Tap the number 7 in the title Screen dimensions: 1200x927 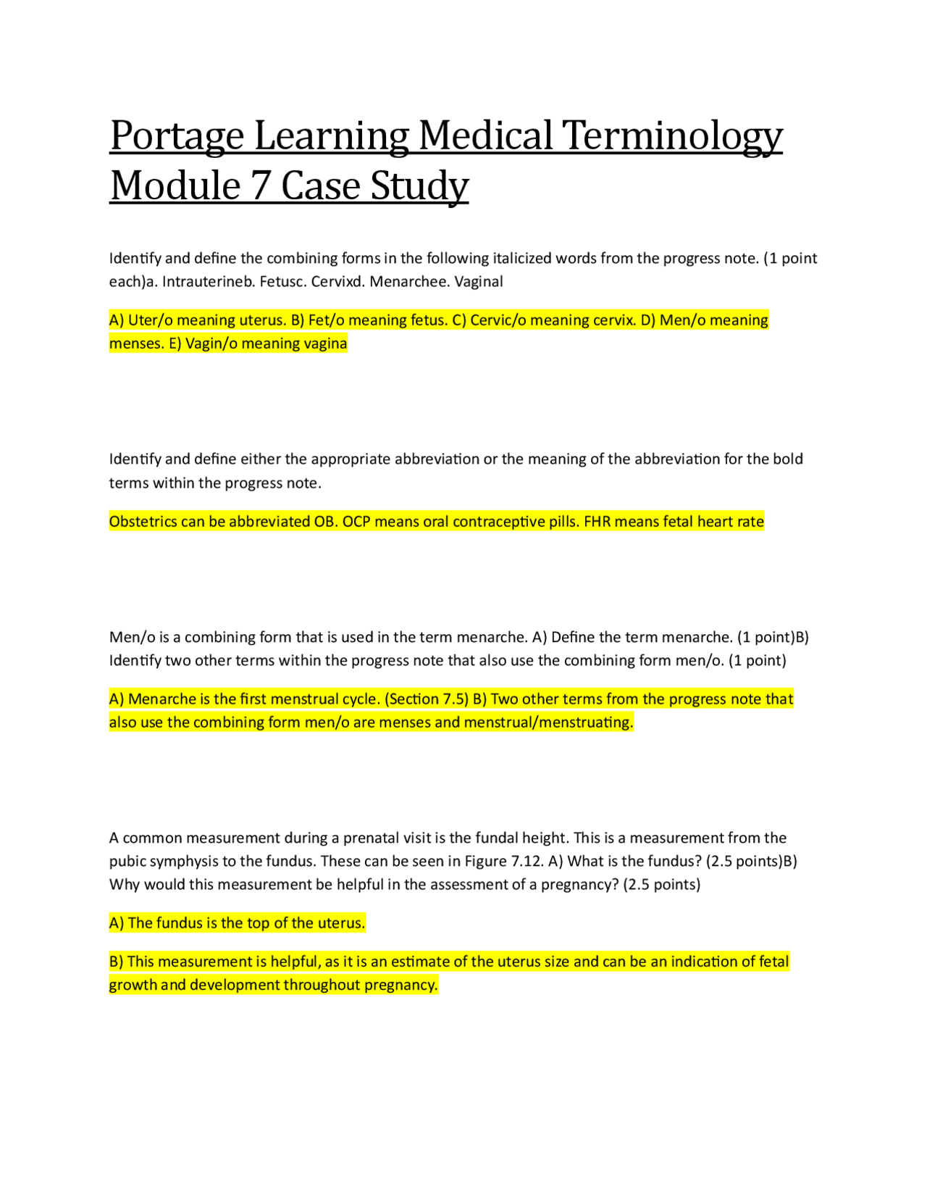click(260, 186)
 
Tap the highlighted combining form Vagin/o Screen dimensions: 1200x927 click(211, 343)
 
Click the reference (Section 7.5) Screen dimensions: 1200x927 click(427, 699)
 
